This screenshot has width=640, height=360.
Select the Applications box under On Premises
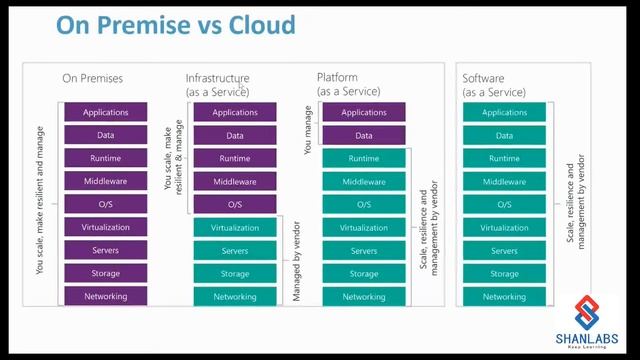click(x=105, y=113)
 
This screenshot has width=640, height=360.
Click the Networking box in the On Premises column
click(x=105, y=297)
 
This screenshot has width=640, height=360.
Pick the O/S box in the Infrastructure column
click(x=235, y=205)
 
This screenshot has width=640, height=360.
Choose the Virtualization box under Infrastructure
click(x=235, y=228)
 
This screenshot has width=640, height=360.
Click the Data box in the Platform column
click(x=364, y=136)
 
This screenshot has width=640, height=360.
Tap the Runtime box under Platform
click(x=364, y=159)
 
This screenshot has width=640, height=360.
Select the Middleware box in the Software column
click(x=504, y=182)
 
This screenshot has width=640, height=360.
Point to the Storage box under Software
click(x=504, y=274)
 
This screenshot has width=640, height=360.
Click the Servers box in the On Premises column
click(x=105, y=251)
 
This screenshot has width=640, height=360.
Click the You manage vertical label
click(x=308, y=130)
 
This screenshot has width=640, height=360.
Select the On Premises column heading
click(x=92, y=78)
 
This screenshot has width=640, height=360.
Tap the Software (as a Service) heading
click(x=493, y=85)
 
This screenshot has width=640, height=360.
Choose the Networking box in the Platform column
click(x=364, y=297)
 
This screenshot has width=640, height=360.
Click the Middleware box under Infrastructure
click(x=235, y=182)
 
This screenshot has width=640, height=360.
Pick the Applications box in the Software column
click(x=504, y=113)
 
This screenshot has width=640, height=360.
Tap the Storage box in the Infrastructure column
click(x=235, y=274)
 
